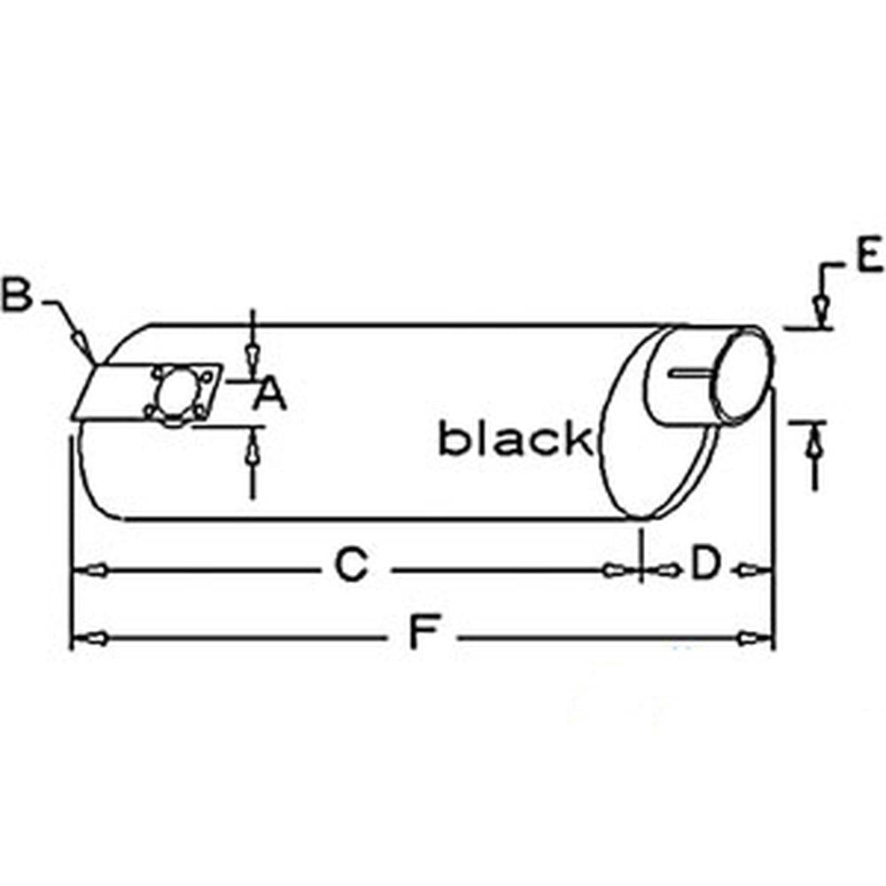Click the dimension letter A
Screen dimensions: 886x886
(x=270, y=394)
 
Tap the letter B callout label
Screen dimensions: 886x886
(x=17, y=294)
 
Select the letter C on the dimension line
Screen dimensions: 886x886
(x=352, y=564)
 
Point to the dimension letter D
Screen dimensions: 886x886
(x=706, y=563)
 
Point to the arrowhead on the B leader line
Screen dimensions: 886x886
(x=81, y=341)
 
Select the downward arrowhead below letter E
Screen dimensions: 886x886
(x=820, y=308)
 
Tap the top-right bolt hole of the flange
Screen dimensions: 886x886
(x=206, y=376)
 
